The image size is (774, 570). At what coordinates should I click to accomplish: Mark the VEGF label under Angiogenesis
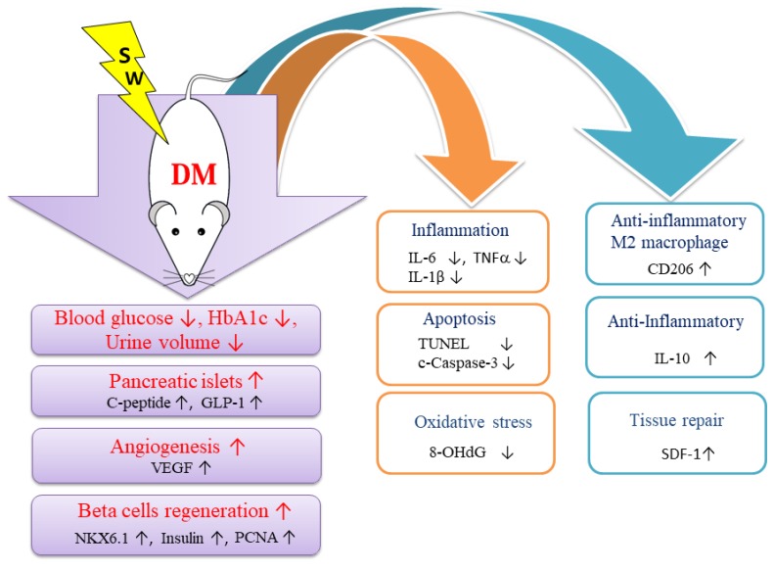point(166,469)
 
